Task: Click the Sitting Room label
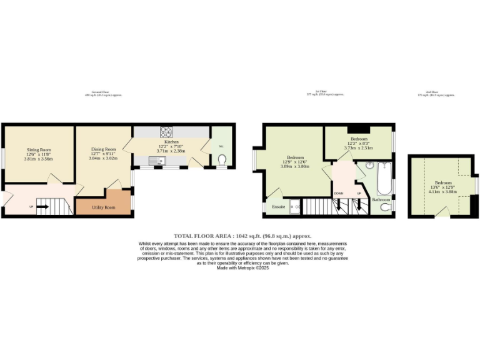click(39, 151)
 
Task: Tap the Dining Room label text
click(104, 149)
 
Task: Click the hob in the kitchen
click(167, 132)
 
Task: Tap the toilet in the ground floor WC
click(222, 161)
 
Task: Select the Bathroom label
click(380, 199)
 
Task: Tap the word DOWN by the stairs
click(338, 193)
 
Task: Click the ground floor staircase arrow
click(42, 205)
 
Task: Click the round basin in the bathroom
click(369, 166)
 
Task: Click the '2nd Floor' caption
click(431, 92)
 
